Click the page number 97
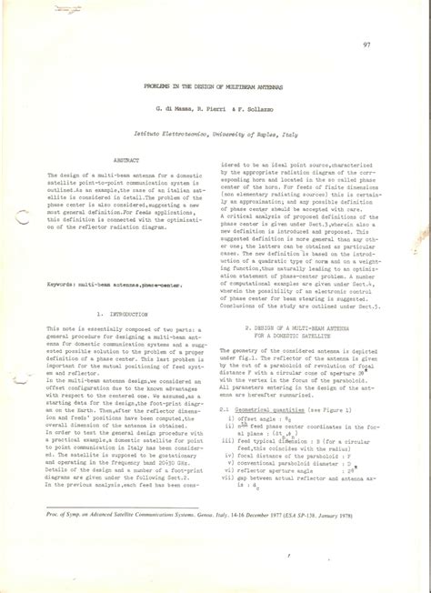[x=366, y=45]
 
